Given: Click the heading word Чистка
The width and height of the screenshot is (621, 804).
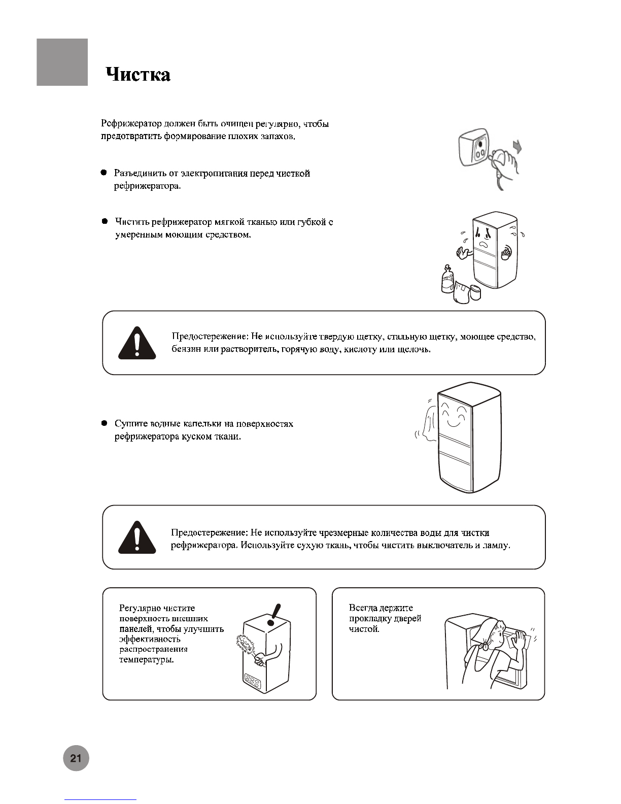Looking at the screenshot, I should (138, 75).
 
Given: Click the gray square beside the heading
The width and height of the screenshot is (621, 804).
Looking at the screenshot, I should (62, 62).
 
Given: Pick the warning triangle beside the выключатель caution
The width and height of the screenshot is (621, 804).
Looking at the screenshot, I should (137, 538).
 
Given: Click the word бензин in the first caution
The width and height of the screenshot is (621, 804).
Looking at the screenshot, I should (186, 350).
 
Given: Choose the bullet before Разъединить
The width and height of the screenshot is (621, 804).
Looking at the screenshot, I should (103, 173).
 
